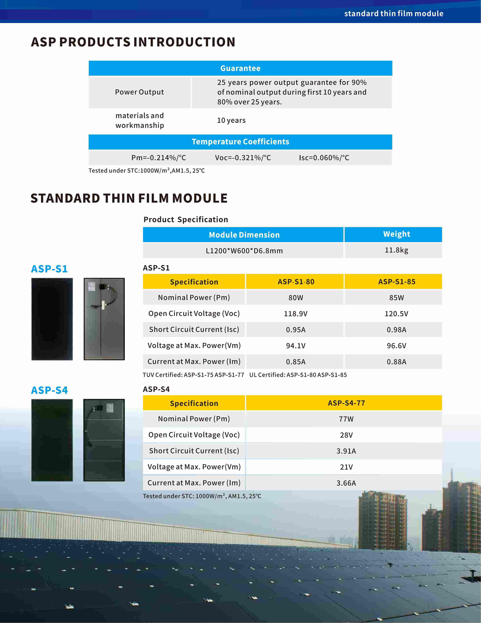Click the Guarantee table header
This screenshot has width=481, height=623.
coord(240,68)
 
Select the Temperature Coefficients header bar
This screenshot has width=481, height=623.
coord(240,142)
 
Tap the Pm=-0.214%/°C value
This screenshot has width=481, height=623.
coord(158,158)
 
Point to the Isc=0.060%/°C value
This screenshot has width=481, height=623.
coord(324,158)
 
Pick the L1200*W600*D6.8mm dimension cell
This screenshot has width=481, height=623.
coord(244,251)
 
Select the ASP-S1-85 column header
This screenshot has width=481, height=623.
coord(396,282)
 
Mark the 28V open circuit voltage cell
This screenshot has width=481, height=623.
coord(346,435)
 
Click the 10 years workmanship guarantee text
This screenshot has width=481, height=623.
coord(231,120)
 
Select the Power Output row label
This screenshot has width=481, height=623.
coord(139,92)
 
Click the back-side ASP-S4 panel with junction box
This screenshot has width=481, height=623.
coord(104,440)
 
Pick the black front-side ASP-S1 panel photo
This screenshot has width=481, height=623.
coord(52,319)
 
